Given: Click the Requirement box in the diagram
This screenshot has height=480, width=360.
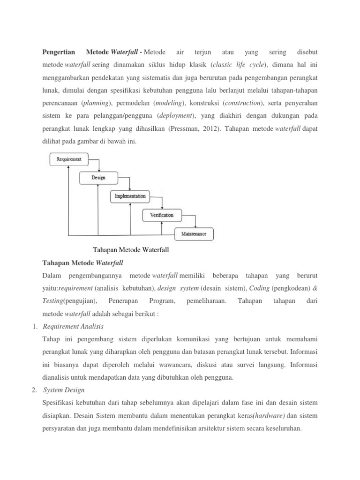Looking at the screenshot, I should click(69, 159).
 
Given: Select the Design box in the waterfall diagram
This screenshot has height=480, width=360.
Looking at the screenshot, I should click(98, 178).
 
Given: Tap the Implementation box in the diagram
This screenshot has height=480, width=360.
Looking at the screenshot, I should click(130, 196).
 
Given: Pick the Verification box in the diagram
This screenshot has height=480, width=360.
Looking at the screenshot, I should click(161, 215).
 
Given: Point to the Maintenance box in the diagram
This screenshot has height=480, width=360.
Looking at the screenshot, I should click(194, 233).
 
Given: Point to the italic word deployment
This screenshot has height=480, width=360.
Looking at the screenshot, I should click(176, 115).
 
